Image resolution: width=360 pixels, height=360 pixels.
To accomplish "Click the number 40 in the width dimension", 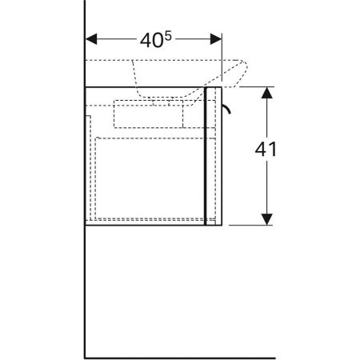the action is tap(151, 41).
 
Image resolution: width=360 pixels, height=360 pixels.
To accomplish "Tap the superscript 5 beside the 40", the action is tap(168, 36).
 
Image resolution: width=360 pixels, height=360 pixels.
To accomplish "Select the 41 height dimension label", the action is tap(266, 150).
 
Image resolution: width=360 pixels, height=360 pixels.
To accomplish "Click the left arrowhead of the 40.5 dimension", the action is tap(91, 39).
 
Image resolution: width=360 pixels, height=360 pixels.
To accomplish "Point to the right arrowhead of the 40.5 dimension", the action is tap(216, 39).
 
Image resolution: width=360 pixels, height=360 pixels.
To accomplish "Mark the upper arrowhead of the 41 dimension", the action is tap(266, 93).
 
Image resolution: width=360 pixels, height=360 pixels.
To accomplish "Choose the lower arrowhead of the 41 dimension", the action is tap(266, 219).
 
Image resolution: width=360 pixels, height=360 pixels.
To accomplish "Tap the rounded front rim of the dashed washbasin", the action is tap(243, 70).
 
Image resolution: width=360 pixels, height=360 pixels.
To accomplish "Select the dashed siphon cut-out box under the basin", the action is tap(148, 114).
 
